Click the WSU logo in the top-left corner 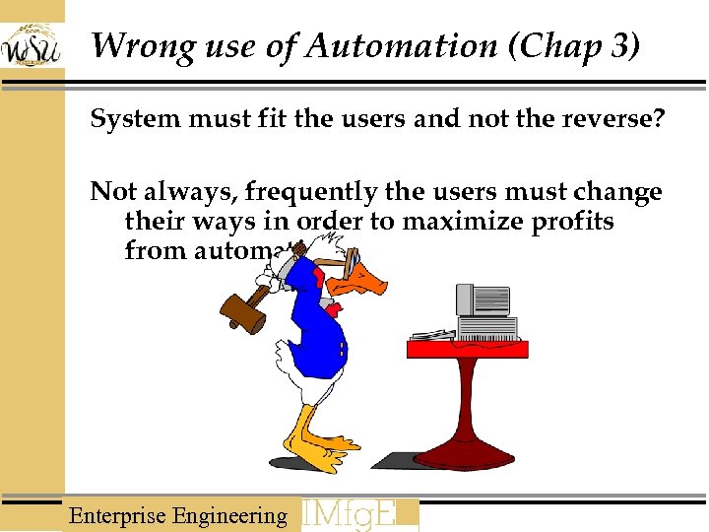pyautogui.click(x=32, y=44)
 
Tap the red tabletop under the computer pyautogui.click(x=468, y=349)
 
